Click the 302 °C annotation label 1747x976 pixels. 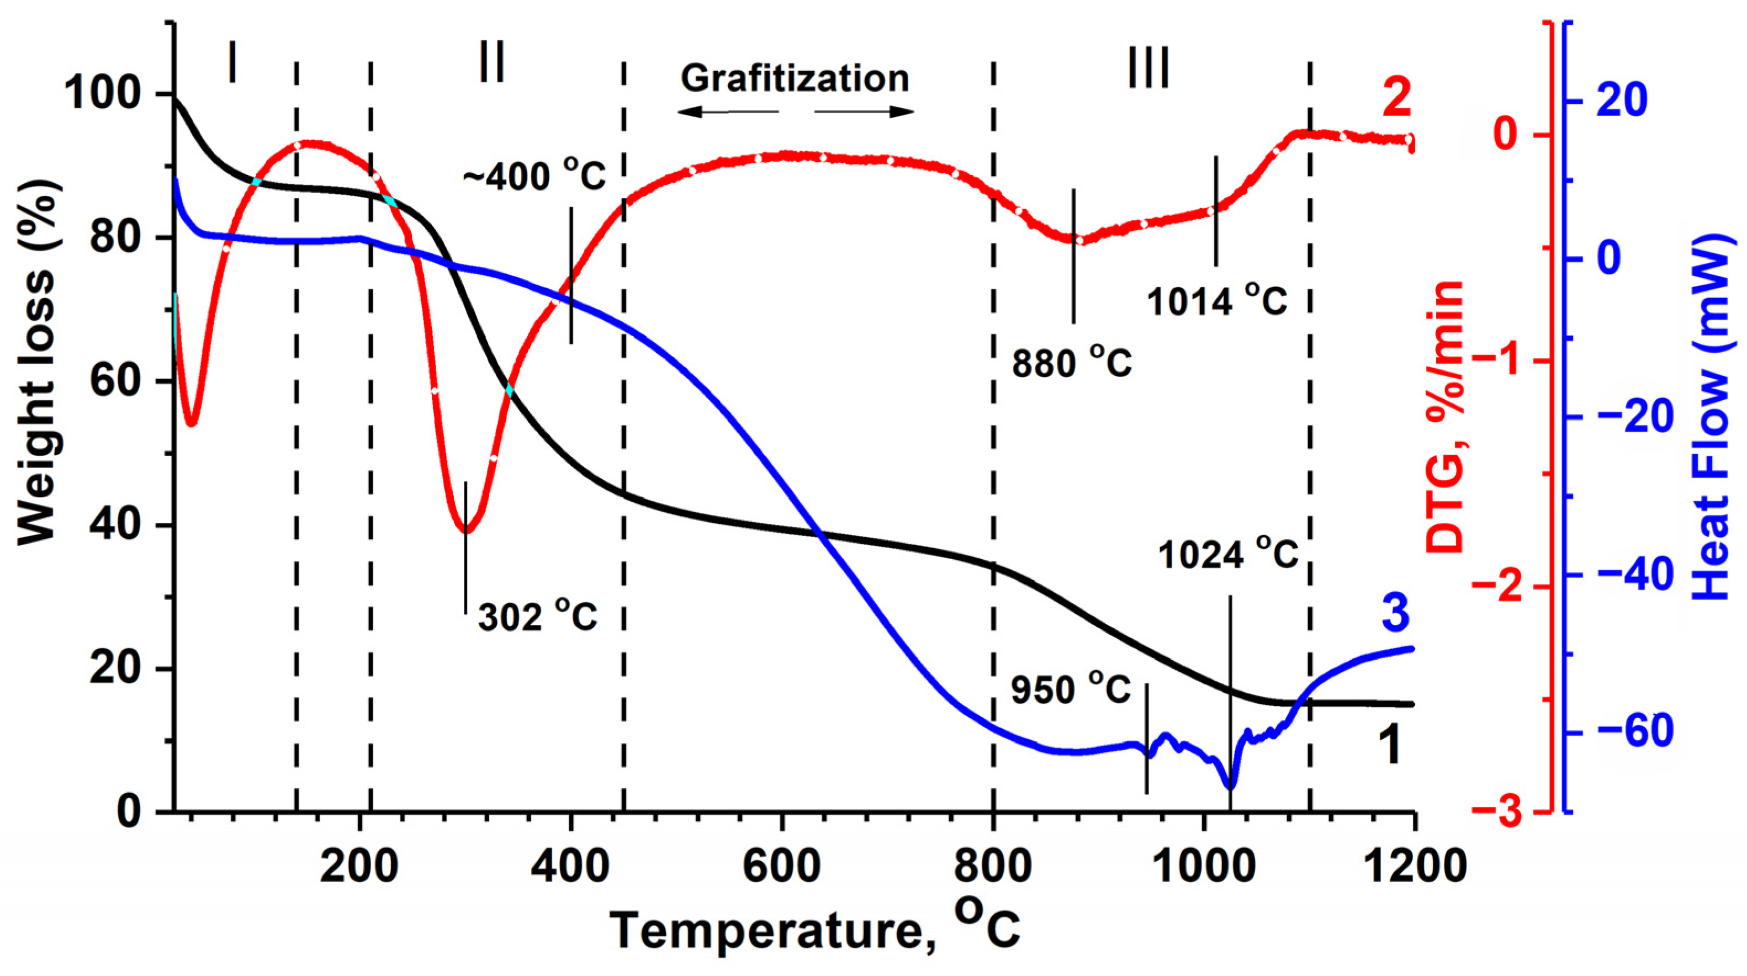point(538,616)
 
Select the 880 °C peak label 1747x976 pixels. point(1072,363)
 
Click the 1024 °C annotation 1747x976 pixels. point(1228,554)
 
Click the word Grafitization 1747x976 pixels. point(795,79)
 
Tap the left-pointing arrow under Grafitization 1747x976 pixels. point(728,112)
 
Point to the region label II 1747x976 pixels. point(491,62)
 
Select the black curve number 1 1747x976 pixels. point(1390,744)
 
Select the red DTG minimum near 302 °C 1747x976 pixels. point(465,531)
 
